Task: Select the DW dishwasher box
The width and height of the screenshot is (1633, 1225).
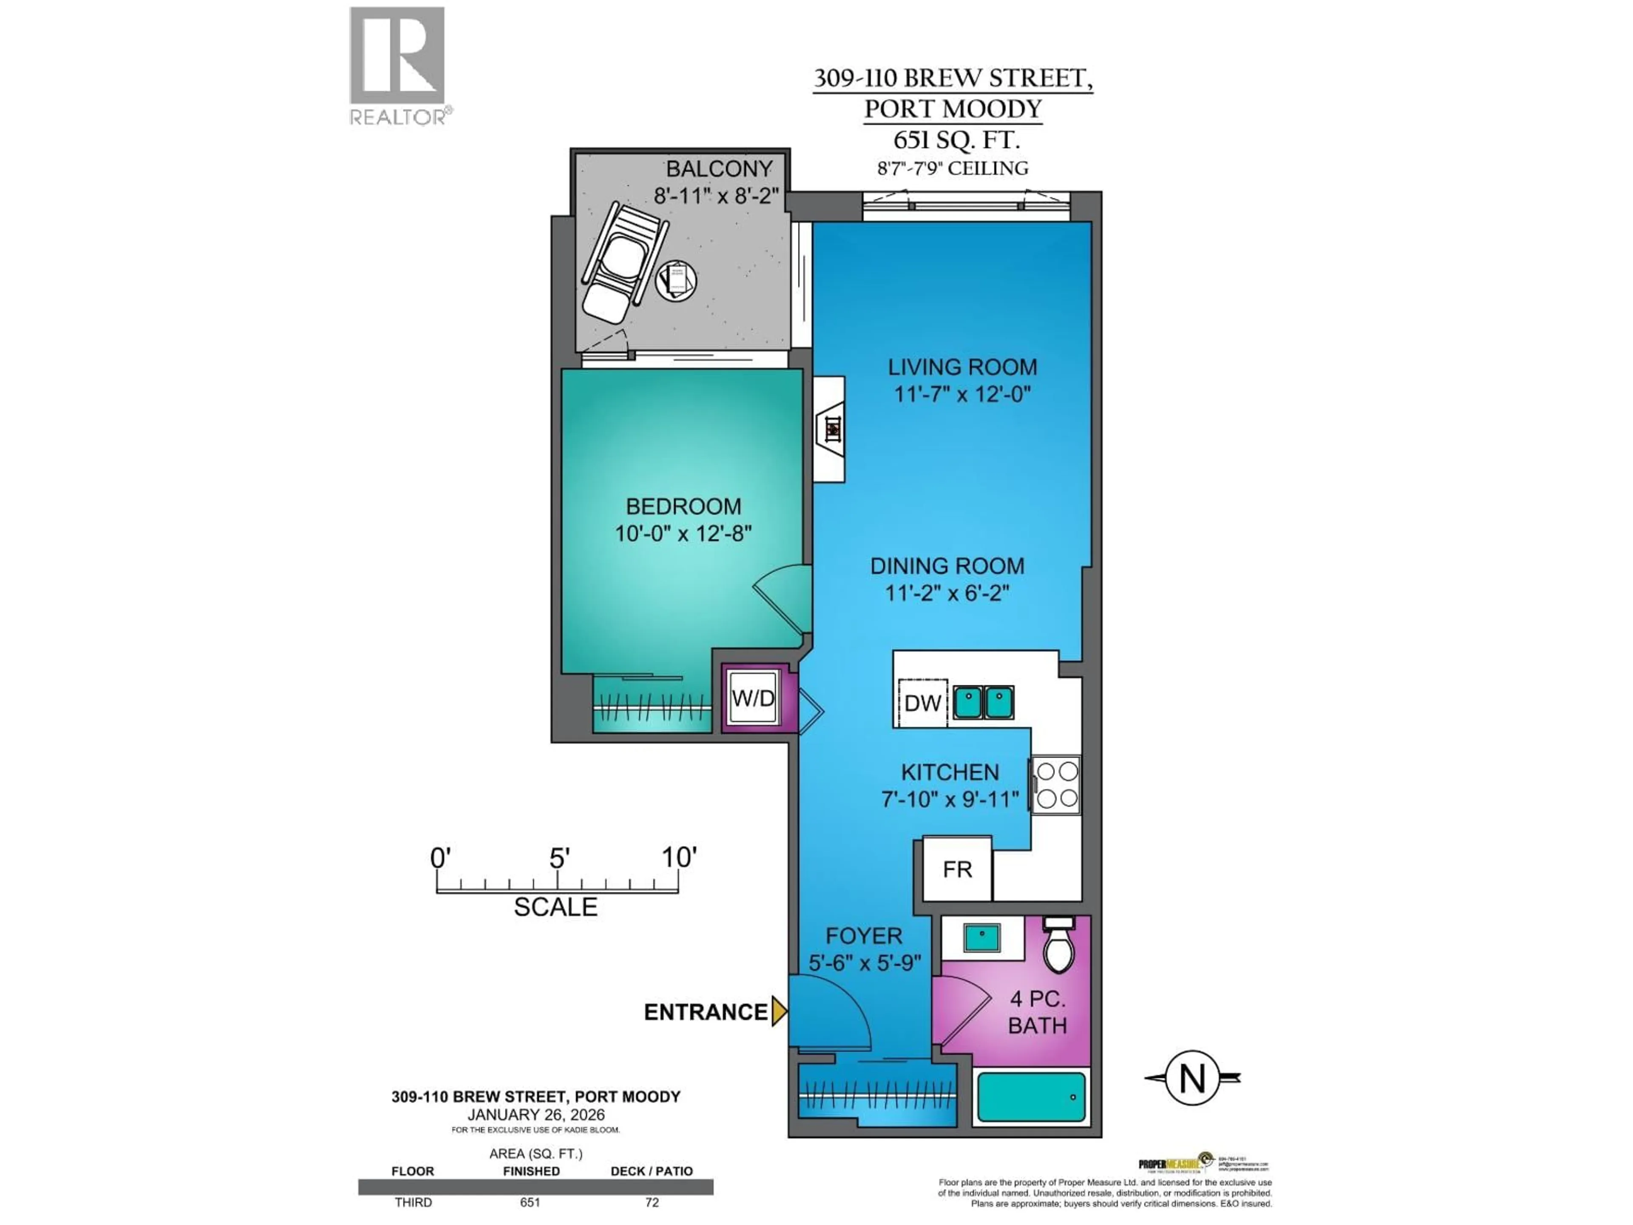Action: pyautogui.click(x=922, y=703)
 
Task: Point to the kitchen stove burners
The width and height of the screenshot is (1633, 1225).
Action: pyautogui.click(x=1056, y=785)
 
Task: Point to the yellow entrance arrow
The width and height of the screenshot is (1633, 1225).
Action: pyautogui.click(x=779, y=1011)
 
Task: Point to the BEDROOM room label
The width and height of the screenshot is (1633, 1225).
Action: pyautogui.click(x=683, y=507)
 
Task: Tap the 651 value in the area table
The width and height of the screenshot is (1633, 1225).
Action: pyautogui.click(x=530, y=1202)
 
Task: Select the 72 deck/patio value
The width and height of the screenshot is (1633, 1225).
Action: pyautogui.click(x=651, y=1202)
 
